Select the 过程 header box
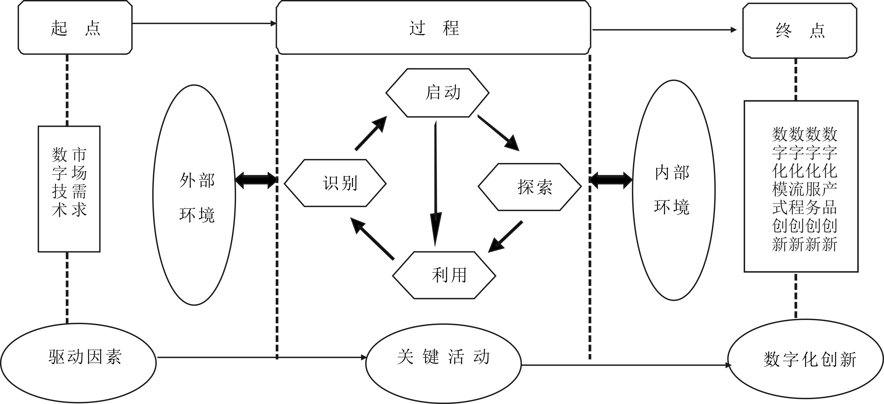(x=433, y=27)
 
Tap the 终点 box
(x=800, y=30)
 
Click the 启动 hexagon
(x=437, y=93)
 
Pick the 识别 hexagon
(x=335, y=183)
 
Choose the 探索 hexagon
(x=530, y=187)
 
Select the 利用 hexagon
(x=444, y=275)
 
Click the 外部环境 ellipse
(x=194, y=195)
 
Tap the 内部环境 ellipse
(x=674, y=190)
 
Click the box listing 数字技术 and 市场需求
(x=69, y=189)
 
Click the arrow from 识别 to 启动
(x=371, y=133)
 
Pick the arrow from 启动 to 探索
(x=498, y=133)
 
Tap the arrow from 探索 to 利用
(x=506, y=237)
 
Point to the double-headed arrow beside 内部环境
(x=611, y=180)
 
